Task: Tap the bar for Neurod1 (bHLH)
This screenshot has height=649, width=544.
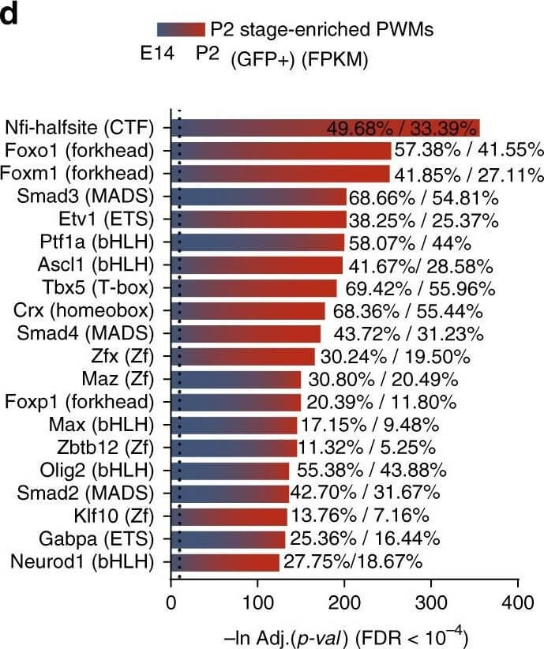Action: [x=226, y=562]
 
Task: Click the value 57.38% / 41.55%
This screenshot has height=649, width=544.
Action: [x=469, y=150]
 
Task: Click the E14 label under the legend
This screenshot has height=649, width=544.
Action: [x=156, y=56]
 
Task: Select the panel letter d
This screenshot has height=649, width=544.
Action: [x=10, y=15]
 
